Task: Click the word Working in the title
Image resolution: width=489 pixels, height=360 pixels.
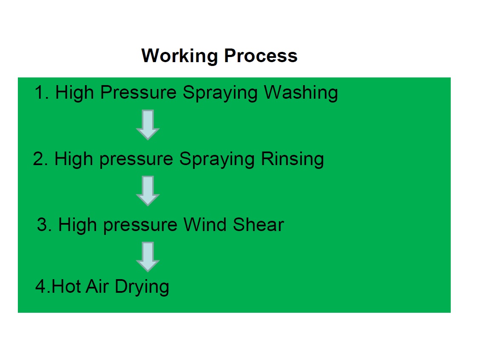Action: coord(179,56)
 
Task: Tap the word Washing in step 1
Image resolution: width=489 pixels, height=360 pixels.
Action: coord(301,93)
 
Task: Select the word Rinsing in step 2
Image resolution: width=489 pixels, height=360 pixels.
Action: coord(292,160)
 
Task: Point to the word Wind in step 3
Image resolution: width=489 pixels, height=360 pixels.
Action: coord(205,225)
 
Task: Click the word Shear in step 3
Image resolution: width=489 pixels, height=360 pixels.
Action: coord(258,225)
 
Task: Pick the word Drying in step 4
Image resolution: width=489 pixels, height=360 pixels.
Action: coord(142,287)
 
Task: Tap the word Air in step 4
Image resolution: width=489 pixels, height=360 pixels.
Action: coord(97,286)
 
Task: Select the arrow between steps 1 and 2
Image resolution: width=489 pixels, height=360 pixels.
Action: coord(148,125)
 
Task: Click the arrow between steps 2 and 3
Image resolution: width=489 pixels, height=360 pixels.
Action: coord(148,191)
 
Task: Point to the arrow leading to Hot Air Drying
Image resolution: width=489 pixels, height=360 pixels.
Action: coord(148,257)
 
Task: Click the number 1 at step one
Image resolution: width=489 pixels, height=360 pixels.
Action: coord(40,92)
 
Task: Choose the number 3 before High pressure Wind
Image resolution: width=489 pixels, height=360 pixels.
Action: coord(42,225)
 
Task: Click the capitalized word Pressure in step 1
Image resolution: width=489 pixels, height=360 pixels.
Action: coord(139,92)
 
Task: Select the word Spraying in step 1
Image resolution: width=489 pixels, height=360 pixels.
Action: coord(220,93)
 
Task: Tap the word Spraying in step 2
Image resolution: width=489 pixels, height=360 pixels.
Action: coord(217,160)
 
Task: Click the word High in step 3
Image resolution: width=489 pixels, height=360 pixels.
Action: coord(77,225)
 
